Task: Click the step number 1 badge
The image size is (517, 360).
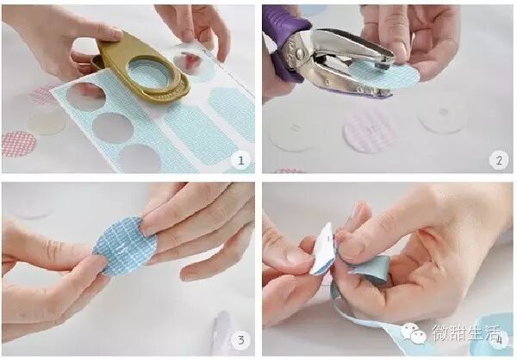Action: tap(240, 160)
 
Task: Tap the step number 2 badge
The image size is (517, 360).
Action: tap(499, 160)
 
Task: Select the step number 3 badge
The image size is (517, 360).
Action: tap(240, 340)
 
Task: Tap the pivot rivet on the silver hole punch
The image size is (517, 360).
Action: tap(300, 52)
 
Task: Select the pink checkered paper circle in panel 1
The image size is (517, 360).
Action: tap(18, 144)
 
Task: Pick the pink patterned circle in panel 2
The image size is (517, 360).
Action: tap(371, 131)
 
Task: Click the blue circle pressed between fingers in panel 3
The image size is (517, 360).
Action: tap(125, 245)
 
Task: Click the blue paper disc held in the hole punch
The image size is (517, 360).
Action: tap(384, 75)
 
